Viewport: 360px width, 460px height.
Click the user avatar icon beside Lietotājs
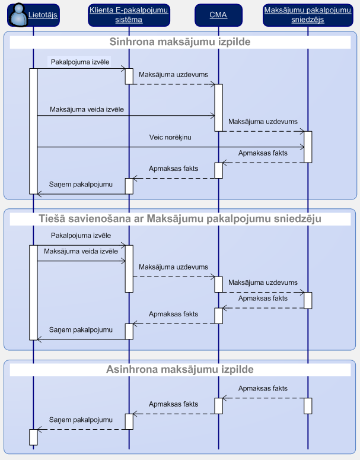(x=18, y=15)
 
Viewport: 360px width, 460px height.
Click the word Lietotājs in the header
(x=43, y=15)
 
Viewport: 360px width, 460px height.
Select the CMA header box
(x=218, y=15)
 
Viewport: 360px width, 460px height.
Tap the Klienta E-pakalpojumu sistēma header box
(x=129, y=15)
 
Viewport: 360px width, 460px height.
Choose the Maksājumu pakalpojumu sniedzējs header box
(x=308, y=15)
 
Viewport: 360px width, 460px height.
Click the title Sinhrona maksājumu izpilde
(x=180, y=42)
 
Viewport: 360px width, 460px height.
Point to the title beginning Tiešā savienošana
(x=180, y=218)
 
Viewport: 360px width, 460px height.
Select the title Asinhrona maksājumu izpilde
(x=180, y=369)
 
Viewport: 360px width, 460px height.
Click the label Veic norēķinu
(x=170, y=137)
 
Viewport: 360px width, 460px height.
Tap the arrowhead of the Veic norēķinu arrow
(x=302, y=147)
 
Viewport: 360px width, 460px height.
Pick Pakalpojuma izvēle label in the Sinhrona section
(x=80, y=62)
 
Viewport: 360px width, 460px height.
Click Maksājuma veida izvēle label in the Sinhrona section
(x=87, y=109)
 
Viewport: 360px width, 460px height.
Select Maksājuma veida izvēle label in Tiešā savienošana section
(x=81, y=251)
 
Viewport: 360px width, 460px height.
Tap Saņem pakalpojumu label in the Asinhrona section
(x=81, y=420)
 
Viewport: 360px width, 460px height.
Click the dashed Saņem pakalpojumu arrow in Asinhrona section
(x=81, y=430)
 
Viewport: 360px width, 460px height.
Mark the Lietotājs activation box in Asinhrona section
(x=33, y=437)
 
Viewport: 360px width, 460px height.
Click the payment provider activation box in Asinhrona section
(x=308, y=406)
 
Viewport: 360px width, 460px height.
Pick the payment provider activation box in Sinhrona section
(x=308, y=147)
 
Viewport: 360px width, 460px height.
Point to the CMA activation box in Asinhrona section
(x=218, y=406)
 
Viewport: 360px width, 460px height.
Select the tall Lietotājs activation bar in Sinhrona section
(x=33, y=131)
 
